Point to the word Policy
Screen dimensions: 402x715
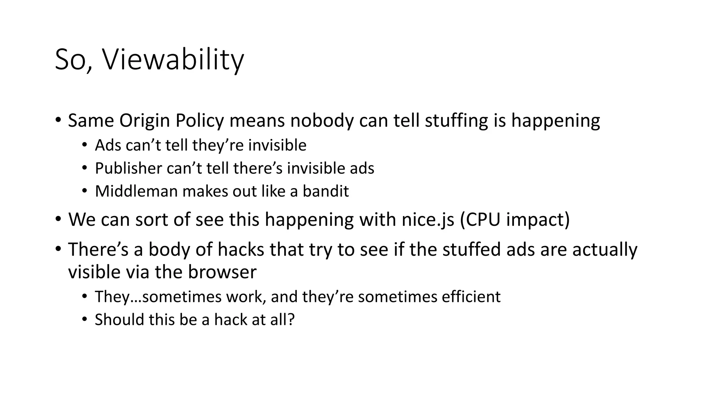(199, 121)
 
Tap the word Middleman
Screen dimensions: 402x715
(136, 191)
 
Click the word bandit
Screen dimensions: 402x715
(326, 191)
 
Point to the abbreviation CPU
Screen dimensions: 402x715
(482, 220)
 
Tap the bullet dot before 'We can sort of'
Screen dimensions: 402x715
(58, 219)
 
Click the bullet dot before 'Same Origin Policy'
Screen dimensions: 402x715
(58, 120)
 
